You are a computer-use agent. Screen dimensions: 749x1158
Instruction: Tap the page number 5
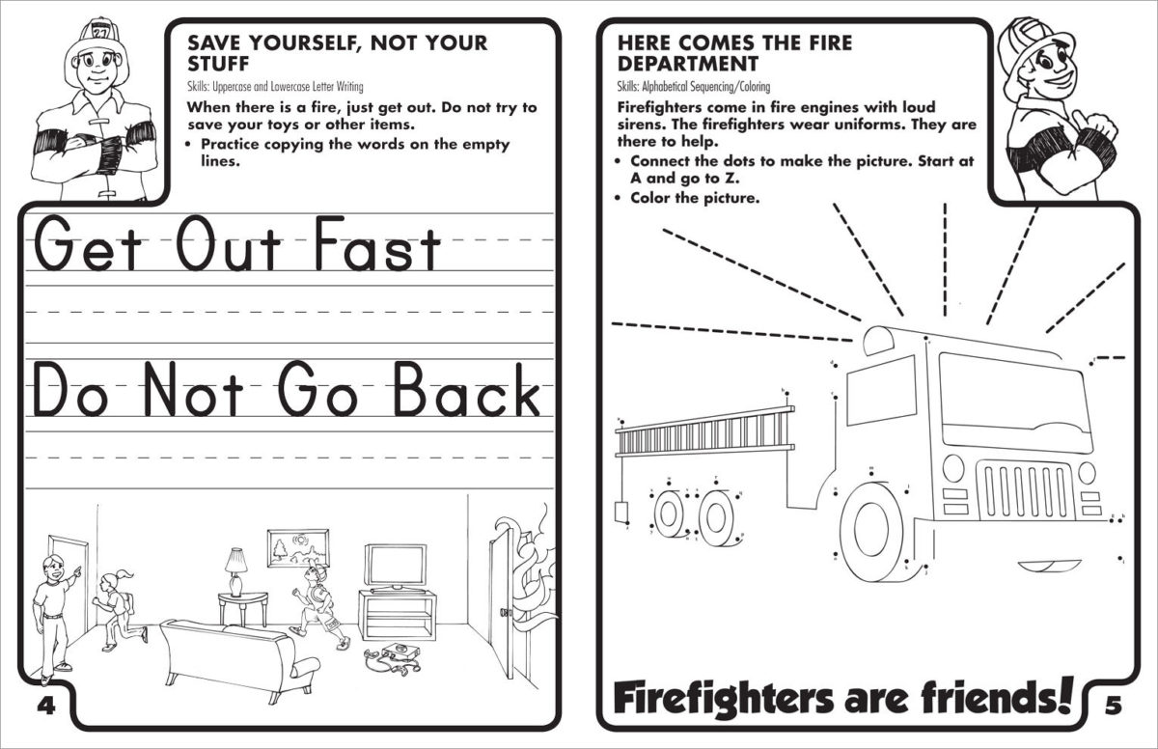1114,706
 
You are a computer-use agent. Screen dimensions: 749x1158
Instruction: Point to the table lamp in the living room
235,570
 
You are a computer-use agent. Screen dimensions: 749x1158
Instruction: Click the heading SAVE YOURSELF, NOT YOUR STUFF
337,54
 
